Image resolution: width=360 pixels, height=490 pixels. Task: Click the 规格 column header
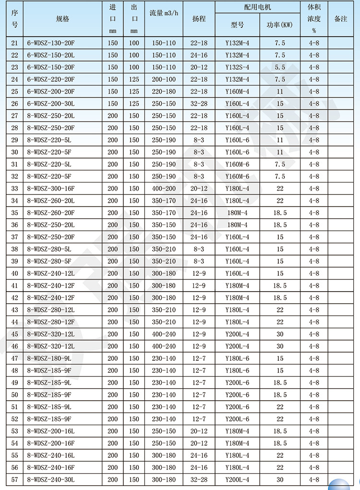[x=62, y=19]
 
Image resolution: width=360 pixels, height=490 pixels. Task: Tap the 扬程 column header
[x=199, y=19]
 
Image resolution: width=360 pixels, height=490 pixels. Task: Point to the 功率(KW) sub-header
[x=280, y=25]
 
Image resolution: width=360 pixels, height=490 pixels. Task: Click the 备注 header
[x=340, y=19]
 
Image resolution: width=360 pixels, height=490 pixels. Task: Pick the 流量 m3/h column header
[x=164, y=19]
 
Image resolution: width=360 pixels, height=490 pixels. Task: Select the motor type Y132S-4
[x=237, y=67]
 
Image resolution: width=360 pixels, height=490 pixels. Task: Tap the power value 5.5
[x=280, y=67]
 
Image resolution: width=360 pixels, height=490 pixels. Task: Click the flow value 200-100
[x=164, y=79]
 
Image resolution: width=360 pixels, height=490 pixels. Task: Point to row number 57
[x=14, y=479]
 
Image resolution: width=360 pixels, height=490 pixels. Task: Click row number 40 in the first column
[x=14, y=273]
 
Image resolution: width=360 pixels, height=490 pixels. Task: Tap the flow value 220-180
[x=164, y=91]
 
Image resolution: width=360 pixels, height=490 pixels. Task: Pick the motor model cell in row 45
[x=237, y=334]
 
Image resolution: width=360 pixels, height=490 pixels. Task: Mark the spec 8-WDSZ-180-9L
[x=50, y=358]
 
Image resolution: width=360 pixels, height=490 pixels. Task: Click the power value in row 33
[x=280, y=189]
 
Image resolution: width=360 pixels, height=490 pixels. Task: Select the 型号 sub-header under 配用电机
[x=237, y=25]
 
